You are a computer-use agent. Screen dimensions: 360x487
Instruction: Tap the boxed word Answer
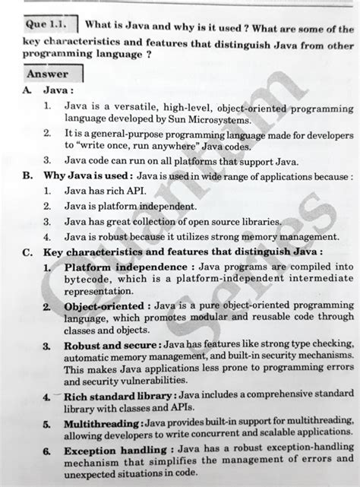tap(47, 74)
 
